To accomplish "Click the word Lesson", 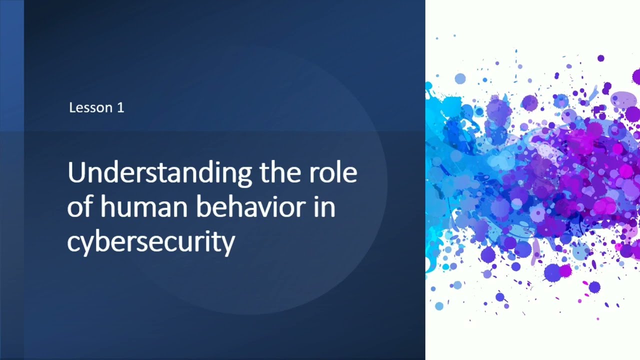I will coord(91,107).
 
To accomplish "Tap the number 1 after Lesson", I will coord(120,107).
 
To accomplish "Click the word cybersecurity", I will coord(150,243).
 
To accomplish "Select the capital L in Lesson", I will coord(72,107).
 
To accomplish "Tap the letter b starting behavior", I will coord(202,207).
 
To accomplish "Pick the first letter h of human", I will coord(107,207).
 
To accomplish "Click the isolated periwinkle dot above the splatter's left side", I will coord(460,78).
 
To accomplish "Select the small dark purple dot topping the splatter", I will coord(600,58).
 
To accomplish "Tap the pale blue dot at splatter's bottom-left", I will coord(439,306).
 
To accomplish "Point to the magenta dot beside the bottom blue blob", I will coord(565,271).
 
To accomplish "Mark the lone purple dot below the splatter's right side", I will coord(594,287).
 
